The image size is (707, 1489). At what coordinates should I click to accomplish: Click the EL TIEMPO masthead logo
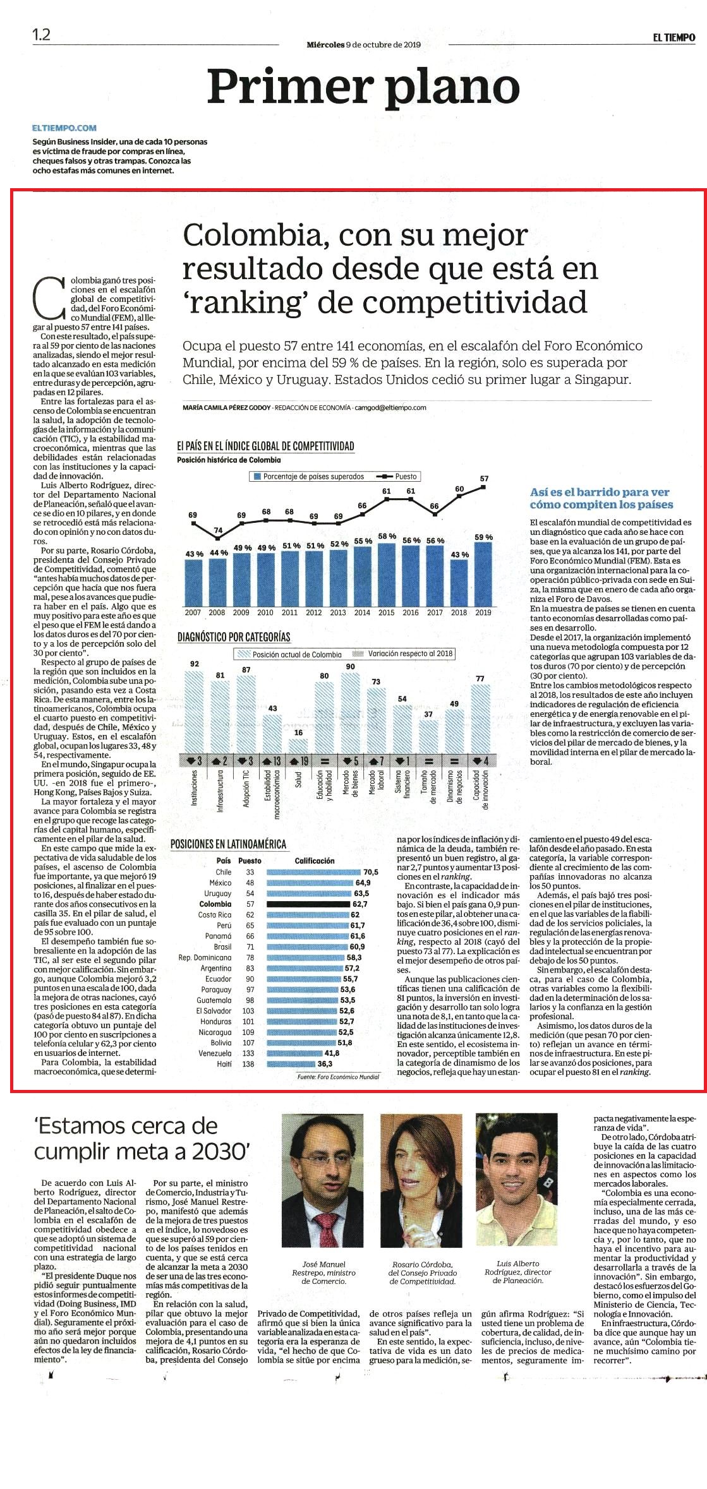click(x=674, y=38)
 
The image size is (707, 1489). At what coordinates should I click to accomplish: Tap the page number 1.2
click(x=42, y=35)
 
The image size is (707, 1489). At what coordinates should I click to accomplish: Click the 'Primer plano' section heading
click(x=363, y=87)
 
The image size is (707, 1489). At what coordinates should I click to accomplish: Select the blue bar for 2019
click(x=483, y=574)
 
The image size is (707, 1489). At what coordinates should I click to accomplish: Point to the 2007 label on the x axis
click(x=193, y=613)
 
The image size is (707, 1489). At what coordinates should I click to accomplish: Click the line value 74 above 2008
click(x=218, y=530)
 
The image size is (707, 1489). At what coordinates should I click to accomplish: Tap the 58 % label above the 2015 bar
click(x=387, y=536)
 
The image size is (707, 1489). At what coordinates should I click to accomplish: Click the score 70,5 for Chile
click(x=371, y=872)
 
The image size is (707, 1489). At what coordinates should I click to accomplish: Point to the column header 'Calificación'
click(x=315, y=861)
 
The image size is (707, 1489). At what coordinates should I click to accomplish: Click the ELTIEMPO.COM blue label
click(x=64, y=128)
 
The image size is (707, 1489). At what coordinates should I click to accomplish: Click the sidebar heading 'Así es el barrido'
click(x=601, y=498)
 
